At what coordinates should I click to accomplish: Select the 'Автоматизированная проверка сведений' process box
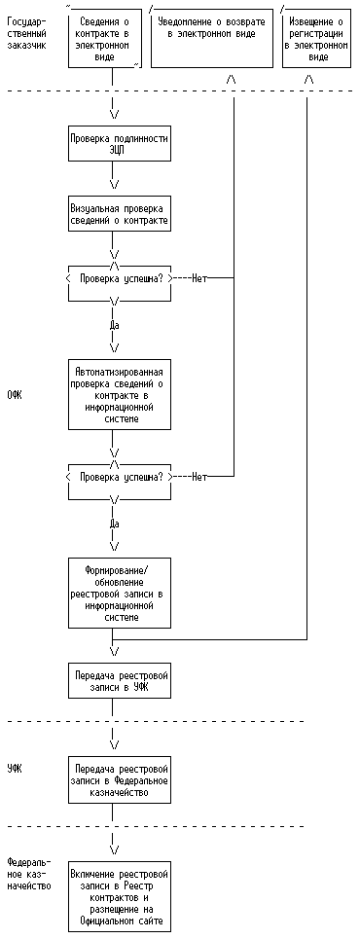120,394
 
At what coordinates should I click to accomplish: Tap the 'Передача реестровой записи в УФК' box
120,681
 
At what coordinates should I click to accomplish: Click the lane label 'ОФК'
15,396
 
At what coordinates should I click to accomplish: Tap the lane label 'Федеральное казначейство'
29,874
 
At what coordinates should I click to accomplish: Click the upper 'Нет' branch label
198,278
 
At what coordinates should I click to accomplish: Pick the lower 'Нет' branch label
198,478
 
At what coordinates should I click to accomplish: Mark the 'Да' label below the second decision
115,524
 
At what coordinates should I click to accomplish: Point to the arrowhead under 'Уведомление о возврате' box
232,79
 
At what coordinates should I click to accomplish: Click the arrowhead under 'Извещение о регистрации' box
308,79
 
